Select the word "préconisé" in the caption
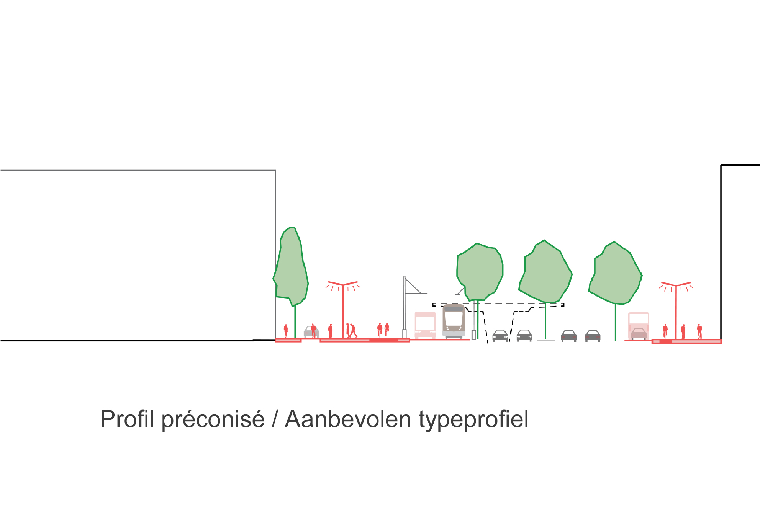click(213, 419)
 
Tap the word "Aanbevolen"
click(348, 419)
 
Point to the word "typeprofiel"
click(473, 420)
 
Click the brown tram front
click(454, 322)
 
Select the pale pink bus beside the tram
click(425, 325)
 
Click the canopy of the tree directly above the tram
click(480, 272)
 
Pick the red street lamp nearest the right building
click(676, 310)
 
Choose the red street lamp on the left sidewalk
click(343, 310)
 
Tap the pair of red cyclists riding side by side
click(383, 330)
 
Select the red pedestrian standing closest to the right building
click(699, 331)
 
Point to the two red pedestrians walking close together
click(351, 330)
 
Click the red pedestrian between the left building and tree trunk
click(286, 331)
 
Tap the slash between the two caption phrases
click(275, 419)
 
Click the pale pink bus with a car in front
click(639, 326)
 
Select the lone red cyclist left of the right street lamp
click(665, 331)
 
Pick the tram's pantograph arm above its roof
click(459, 292)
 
